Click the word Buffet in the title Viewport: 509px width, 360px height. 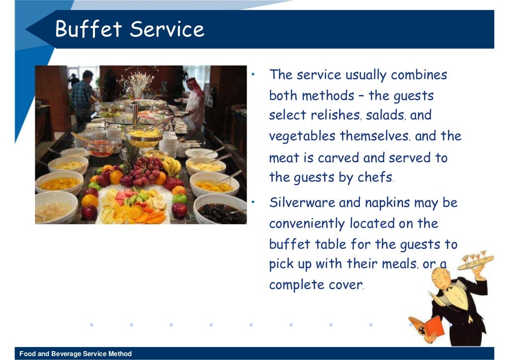click(x=88, y=29)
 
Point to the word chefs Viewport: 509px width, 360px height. click(x=374, y=178)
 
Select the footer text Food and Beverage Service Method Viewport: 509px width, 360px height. click(x=76, y=354)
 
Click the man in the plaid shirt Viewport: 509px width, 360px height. click(x=82, y=94)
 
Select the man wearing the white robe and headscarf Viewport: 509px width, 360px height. click(x=194, y=102)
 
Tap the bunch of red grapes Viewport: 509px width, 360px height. click(x=144, y=172)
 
